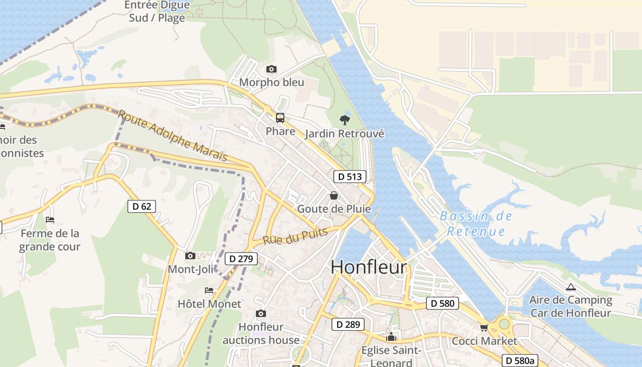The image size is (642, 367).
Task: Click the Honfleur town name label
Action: click(369, 267)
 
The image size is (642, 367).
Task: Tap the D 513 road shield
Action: click(350, 177)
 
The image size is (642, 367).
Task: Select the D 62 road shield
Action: click(142, 206)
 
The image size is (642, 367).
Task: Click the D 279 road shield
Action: click(241, 259)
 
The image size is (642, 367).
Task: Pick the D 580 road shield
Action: click(443, 303)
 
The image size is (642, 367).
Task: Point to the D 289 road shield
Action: click(348, 324)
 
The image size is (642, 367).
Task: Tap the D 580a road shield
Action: click(520, 361)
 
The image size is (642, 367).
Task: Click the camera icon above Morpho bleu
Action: click(271, 69)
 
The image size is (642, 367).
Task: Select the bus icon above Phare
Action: click(280, 118)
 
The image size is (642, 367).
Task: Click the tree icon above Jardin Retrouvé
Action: click(345, 120)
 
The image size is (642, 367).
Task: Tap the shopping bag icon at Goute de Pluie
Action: click(334, 195)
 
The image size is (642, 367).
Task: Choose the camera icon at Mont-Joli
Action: click(190, 256)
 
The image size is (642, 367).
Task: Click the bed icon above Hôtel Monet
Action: click(209, 290)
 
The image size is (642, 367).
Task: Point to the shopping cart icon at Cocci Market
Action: click(484, 328)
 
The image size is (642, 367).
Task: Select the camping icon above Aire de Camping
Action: click(570, 287)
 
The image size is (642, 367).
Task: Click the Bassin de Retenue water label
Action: click(476, 223)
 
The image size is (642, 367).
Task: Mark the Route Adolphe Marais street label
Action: click(173, 136)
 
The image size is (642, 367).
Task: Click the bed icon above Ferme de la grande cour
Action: click(50, 220)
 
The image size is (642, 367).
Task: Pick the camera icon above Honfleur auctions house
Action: click(261, 313)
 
